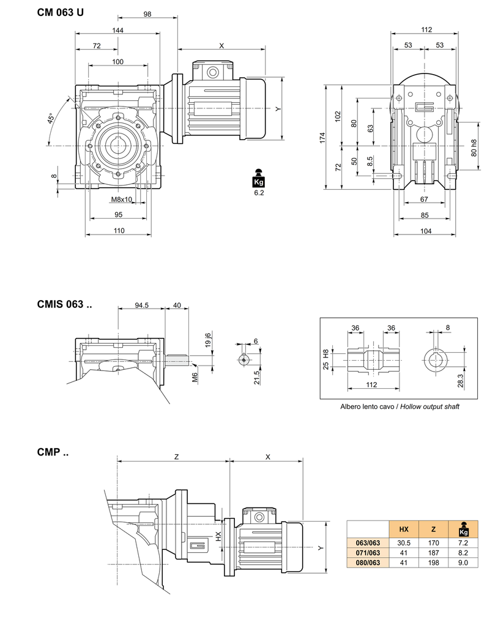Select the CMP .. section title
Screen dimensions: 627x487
pyautogui.click(x=53, y=452)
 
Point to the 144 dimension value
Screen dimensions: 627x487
pyautogui.click(x=118, y=30)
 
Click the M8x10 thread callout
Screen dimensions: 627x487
pyautogui.click(x=122, y=200)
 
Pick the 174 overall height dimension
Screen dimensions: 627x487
pyautogui.click(x=322, y=138)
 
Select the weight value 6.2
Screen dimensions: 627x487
pyautogui.click(x=258, y=193)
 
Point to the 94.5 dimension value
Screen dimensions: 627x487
pyautogui.click(x=141, y=306)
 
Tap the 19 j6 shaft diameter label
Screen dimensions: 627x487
pyautogui.click(x=207, y=340)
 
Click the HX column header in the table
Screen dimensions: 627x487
pyautogui.click(x=403, y=529)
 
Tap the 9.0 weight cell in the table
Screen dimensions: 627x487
pyautogui.click(x=464, y=563)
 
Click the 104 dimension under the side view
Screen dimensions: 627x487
pyautogui.click(x=426, y=230)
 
